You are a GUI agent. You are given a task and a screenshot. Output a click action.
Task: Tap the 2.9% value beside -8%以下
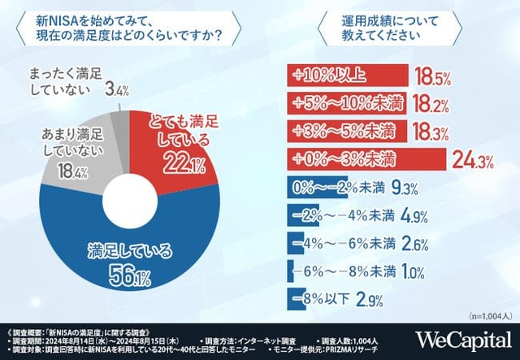[x=369, y=297]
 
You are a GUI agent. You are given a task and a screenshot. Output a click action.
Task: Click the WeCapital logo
[x=463, y=340]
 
